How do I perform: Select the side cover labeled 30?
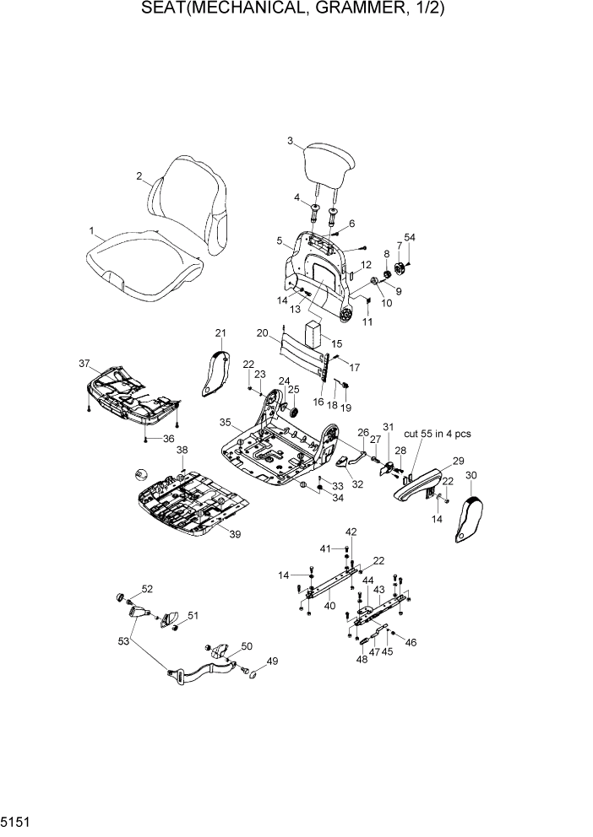470,512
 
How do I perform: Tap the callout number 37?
84,364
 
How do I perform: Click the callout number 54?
410,238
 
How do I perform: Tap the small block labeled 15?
314,332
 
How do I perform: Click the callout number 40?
329,605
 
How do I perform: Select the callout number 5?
279,240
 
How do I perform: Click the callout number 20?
263,332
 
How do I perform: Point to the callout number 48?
361,659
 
